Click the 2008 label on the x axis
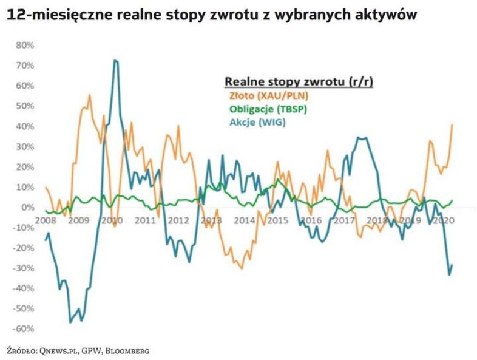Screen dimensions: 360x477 [45, 220]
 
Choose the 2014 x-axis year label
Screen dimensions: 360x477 [245, 220]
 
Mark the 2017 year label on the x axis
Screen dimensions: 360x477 [344, 220]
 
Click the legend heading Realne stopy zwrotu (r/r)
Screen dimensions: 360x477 [299, 81]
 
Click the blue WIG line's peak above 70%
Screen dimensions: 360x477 [115, 60]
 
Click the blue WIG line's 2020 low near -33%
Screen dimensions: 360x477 [449, 275]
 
